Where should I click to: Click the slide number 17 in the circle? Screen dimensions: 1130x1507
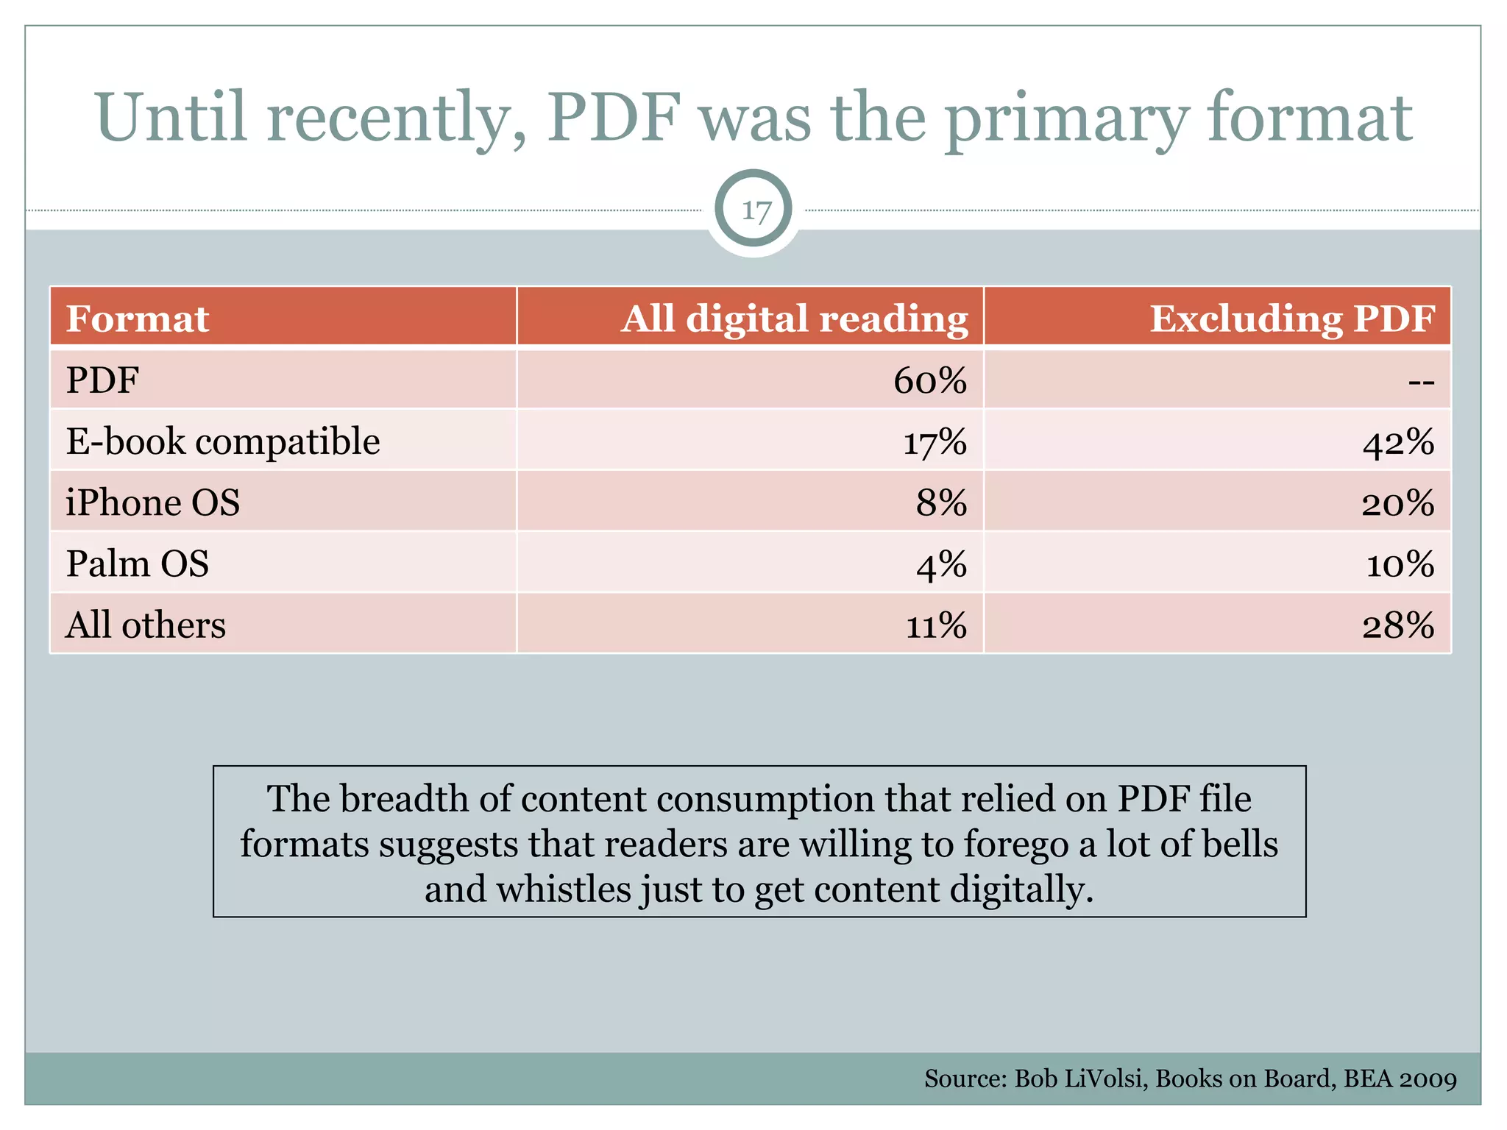(755, 211)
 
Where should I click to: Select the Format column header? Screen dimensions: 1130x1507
(138, 319)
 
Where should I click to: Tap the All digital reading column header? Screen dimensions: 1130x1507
(794, 319)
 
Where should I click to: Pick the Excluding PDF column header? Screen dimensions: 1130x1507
(1292, 319)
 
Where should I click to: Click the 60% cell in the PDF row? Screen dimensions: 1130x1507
(930, 381)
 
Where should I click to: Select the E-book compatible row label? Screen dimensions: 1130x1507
(223, 441)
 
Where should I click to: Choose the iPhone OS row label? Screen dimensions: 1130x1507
(153, 503)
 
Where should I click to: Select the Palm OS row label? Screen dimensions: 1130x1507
(138, 564)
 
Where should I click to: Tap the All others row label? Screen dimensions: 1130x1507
(146, 625)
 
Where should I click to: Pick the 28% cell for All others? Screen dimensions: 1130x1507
(1398, 626)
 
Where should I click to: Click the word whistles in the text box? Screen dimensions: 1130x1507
(563, 889)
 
